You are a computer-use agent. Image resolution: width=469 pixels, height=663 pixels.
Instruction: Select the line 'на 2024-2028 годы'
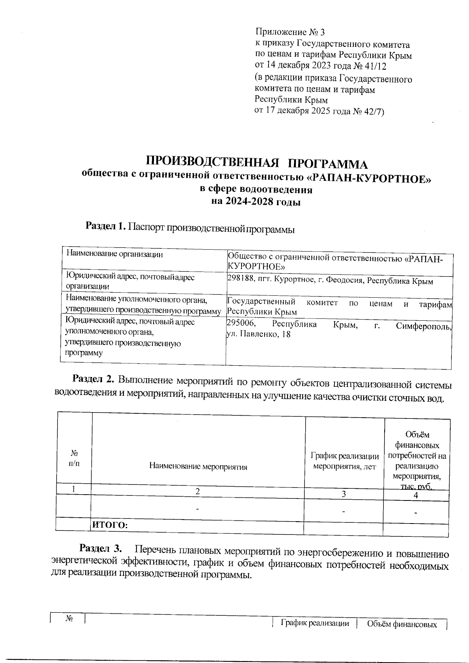point(256,202)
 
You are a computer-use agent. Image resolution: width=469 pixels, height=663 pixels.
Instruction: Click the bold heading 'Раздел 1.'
point(106,226)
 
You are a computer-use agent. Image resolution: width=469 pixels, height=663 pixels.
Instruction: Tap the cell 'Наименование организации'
point(114,254)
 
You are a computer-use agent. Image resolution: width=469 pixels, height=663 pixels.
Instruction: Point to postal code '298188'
point(239,281)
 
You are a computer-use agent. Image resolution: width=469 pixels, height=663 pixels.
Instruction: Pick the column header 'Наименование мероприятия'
point(198,466)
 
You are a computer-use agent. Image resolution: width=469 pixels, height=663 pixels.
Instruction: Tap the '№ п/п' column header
point(74,458)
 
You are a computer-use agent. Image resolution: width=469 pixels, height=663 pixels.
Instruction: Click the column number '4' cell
point(416,495)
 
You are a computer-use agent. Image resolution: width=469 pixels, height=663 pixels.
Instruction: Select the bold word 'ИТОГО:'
point(109,525)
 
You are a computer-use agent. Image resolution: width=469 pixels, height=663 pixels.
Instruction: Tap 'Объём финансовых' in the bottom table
point(402,625)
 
